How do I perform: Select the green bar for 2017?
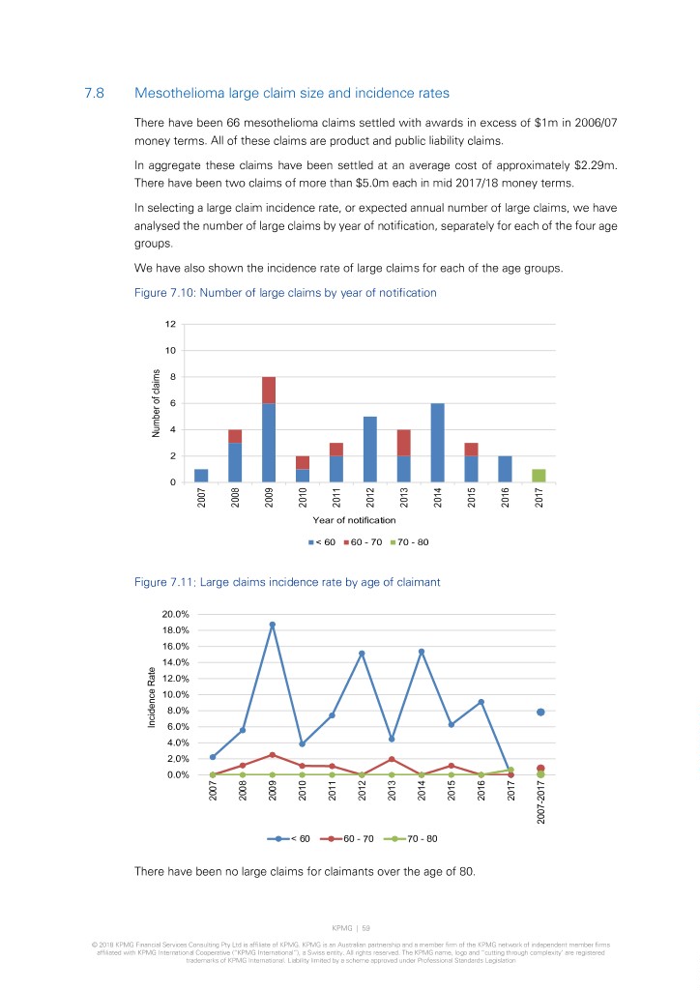[539, 476]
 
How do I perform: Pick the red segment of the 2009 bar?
[269, 390]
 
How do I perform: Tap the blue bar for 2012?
[370, 449]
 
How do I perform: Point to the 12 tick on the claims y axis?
[169, 324]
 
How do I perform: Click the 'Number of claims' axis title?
[156, 403]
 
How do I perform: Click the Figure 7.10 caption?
[276, 292]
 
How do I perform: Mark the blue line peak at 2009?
[273, 625]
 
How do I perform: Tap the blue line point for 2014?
[422, 652]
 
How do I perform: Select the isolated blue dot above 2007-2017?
[540, 713]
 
